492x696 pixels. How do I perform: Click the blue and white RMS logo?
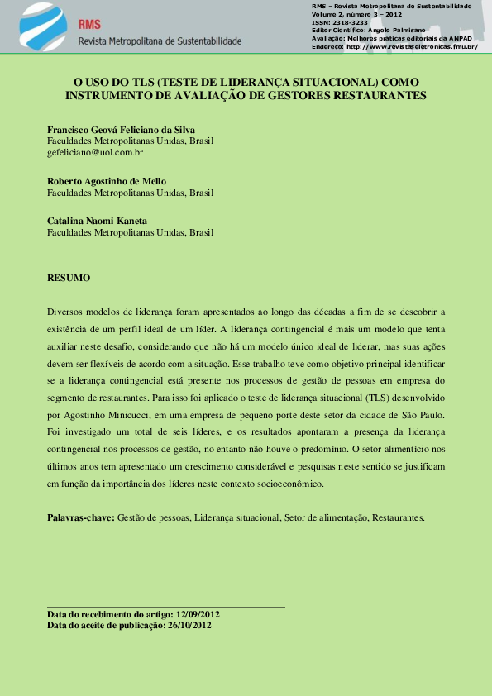[42, 26]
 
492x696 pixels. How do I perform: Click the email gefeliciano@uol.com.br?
[95, 152]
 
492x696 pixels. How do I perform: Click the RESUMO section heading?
[69, 278]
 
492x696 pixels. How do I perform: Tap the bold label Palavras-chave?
[81, 517]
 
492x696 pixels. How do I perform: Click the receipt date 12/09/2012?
[198, 615]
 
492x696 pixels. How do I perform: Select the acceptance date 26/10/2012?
[189, 626]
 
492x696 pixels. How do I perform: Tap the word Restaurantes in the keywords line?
[398, 517]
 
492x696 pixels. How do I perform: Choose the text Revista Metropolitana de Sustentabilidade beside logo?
[160, 41]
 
